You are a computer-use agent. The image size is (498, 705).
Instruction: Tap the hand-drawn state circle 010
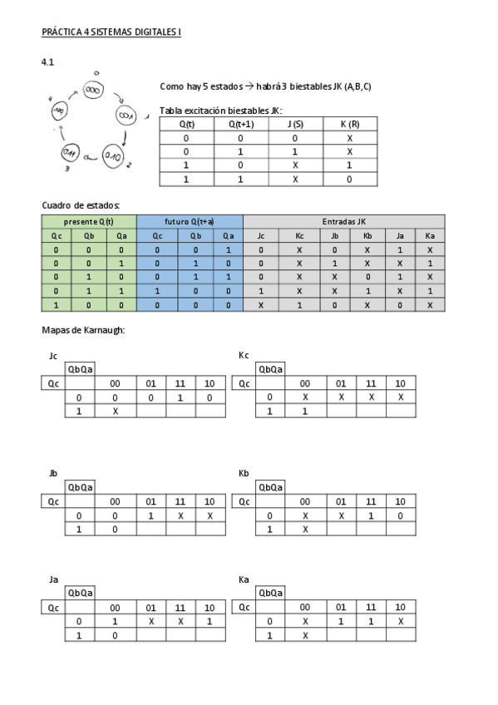click(113, 154)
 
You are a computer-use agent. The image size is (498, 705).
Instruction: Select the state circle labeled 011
click(71, 153)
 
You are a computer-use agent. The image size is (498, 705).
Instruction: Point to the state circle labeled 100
click(60, 111)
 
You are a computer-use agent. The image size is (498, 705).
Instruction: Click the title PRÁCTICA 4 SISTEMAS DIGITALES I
click(111, 33)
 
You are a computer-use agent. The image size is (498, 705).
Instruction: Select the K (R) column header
click(349, 124)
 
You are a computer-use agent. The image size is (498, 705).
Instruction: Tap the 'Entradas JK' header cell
click(343, 222)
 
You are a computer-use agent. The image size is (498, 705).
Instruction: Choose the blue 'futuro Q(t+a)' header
click(190, 222)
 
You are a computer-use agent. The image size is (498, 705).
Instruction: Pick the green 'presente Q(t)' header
click(89, 222)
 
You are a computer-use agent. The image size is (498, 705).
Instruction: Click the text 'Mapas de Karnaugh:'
click(82, 331)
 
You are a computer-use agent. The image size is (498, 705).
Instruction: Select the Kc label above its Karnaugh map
click(244, 355)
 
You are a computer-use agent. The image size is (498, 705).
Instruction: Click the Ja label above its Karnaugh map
click(53, 579)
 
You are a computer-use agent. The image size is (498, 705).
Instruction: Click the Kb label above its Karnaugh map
click(244, 473)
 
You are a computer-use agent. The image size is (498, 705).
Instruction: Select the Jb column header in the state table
click(334, 235)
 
